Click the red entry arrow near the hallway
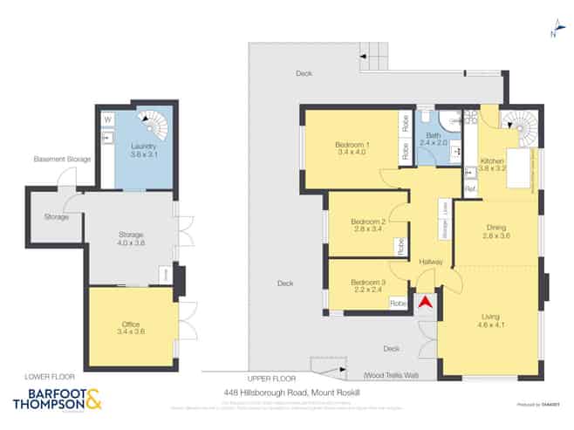coord(425,302)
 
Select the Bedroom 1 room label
coord(352,147)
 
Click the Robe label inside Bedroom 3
coord(398,303)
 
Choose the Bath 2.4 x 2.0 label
coord(433,139)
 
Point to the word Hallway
coord(430,262)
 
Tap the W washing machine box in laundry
coord(108,119)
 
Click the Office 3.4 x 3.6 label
coord(130,328)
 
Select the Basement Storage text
coord(62,160)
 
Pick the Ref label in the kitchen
coord(469,189)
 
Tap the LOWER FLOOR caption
coord(38,377)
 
